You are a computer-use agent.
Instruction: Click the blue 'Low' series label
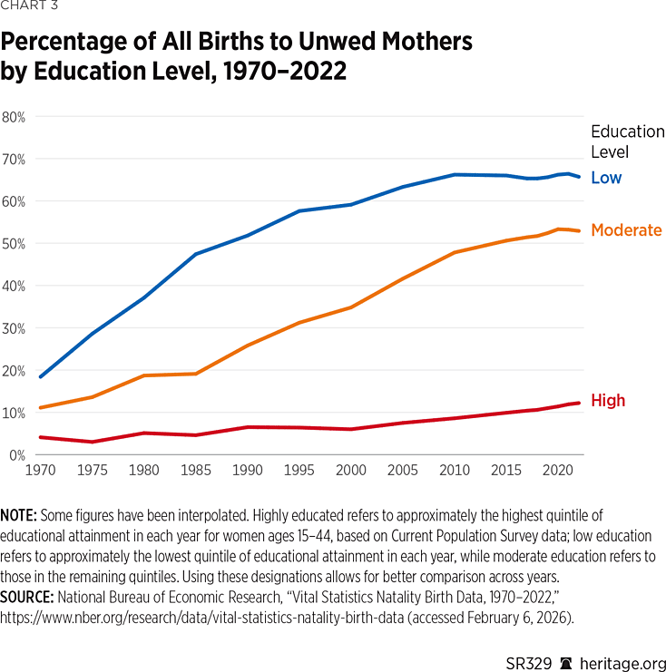(606, 178)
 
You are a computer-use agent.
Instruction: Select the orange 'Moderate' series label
(626, 230)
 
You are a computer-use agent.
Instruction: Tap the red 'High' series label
(608, 400)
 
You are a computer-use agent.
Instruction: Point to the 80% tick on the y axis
(14, 117)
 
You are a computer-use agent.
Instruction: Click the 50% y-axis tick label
(14, 244)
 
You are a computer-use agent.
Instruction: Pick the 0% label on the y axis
(17, 455)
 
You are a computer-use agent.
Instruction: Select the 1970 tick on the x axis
(40, 470)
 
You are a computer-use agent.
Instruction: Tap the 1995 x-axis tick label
(299, 470)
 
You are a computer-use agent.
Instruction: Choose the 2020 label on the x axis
(557, 470)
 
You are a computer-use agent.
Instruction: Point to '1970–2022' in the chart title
(285, 71)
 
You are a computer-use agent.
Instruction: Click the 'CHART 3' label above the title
(29, 5)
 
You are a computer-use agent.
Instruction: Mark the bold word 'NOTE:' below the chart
(18, 515)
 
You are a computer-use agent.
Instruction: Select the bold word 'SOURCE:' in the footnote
(26, 597)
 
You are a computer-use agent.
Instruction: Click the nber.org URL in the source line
(202, 618)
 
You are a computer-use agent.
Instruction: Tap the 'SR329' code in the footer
(528, 664)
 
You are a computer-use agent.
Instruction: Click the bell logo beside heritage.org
(565, 664)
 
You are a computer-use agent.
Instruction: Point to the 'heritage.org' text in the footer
(622, 664)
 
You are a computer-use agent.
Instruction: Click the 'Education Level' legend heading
(628, 141)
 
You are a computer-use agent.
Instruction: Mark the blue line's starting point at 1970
(40, 377)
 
